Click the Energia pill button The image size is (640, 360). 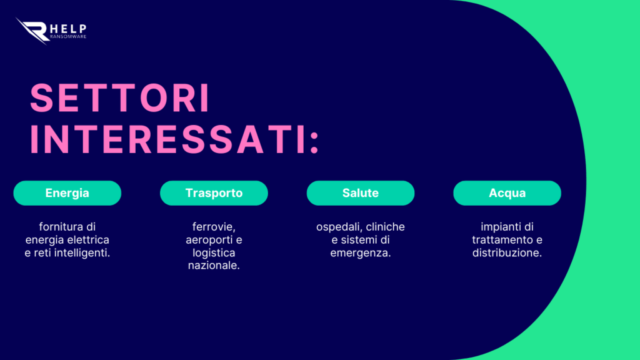(67, 193)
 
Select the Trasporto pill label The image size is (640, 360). (214, 193)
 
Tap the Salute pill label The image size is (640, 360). (361, 193)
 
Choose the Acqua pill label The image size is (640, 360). (507, 193)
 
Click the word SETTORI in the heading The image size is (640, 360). (120, 98)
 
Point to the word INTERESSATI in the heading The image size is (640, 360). (168, 139)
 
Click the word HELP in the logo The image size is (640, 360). (68, 29)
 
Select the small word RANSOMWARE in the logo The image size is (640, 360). (68, 37)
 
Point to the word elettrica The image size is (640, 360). (88, 239)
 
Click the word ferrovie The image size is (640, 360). (214, 227)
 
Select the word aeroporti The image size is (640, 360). (207, 241)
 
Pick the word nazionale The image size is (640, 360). (214, 266)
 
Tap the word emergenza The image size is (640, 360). (361, 254)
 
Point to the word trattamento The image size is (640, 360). (501, 239)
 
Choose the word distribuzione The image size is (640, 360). (507, 253)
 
